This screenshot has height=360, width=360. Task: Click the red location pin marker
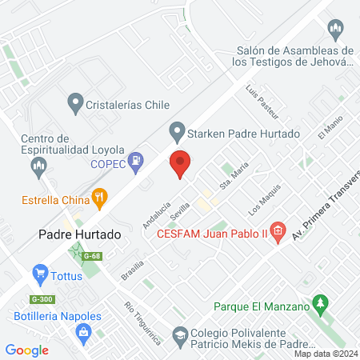(181, 164)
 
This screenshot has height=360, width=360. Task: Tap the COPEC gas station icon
(138, 161)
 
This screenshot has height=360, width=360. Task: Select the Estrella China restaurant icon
(100, 195)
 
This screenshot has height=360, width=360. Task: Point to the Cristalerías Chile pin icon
(75, 102)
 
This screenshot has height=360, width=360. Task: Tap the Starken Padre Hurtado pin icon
(177, 130)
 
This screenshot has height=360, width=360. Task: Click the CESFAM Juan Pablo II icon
(278, 234)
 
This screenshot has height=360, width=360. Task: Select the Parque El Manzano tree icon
(321, 305)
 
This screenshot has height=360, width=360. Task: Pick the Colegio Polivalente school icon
(182, 336)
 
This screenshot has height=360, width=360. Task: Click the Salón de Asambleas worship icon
(337, 31)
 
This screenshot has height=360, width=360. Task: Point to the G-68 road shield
(95, 256)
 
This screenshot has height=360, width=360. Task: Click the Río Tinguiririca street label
(142, 323)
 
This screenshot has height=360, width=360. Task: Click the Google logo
(27, 350)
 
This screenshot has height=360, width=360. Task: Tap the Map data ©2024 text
(324, 354)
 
